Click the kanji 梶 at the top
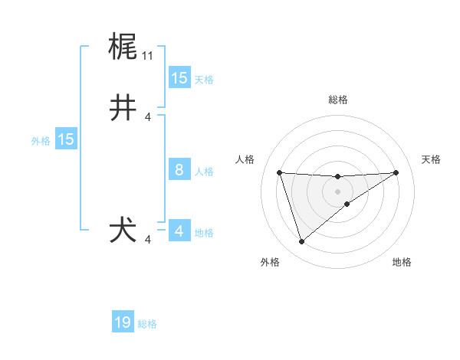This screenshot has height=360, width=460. (123, 47)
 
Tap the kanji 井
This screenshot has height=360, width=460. (123, 108)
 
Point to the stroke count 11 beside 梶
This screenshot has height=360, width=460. (147, 56)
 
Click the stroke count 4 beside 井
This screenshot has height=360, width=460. (148, 117)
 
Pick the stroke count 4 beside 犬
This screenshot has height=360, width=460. (148, 240)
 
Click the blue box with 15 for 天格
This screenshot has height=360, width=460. (179, 77)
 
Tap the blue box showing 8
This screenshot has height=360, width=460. (179, 170)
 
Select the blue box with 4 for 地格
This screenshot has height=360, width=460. (179, 231)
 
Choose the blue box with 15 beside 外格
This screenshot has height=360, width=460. (66, 139)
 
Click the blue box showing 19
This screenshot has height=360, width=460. (123, 322)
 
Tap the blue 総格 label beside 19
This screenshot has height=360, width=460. (147, 324)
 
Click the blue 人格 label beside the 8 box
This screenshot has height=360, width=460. (204, 172)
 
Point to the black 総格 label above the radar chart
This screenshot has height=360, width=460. (337, 100)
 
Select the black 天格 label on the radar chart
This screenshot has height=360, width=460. (431, 159)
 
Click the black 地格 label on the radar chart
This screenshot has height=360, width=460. (402, 262)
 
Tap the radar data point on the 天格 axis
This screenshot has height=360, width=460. (396, 172)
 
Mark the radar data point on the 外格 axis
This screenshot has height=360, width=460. (301, 242)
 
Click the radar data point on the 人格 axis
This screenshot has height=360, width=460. (279, 172)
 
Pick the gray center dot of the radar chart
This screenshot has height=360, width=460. (337, 191)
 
